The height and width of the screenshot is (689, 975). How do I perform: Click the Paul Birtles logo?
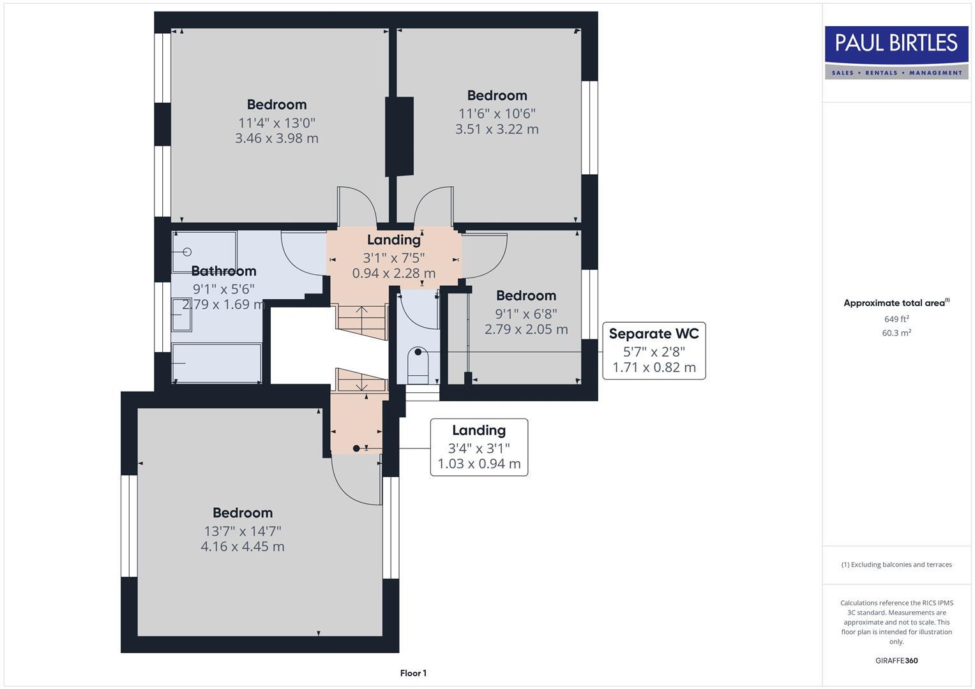click(896, 52)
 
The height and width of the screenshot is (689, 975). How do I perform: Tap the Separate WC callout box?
click(654, 351)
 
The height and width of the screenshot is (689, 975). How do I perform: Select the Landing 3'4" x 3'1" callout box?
click(479, 447)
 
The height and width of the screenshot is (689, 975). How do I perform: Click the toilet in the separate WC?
click(418, 364)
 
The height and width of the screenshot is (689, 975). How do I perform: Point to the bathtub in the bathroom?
click(216, 363)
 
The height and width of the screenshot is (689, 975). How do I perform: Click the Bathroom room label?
click(223, 271)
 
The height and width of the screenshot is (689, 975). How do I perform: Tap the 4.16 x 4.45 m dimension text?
click(243, 547)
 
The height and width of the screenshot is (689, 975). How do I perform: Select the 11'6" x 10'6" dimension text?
click(497, 114)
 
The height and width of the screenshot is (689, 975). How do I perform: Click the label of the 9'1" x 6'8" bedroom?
click(526, 296)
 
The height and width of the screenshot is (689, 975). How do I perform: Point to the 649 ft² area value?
click(896, 319)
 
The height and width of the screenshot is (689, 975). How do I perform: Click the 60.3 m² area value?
click(896, 333)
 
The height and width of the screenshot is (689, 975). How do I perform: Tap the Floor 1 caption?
click(413, 673)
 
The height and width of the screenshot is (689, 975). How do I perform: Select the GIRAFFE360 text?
click(896, 661)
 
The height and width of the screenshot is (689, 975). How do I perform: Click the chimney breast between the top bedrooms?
click(399, 137)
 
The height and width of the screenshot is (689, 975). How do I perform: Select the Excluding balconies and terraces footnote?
click(896, 565)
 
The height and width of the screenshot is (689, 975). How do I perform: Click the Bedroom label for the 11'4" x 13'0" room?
click(276, 105)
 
